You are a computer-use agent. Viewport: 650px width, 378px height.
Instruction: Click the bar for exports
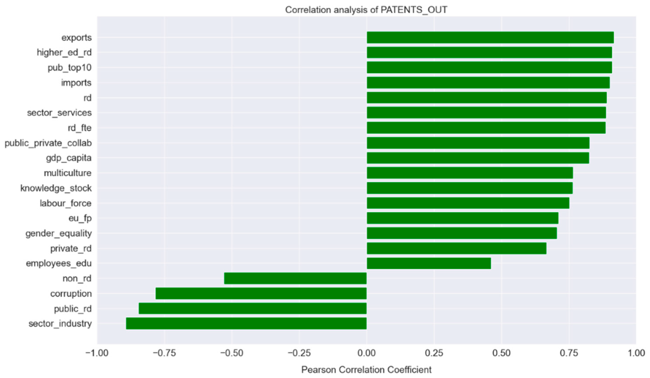490,38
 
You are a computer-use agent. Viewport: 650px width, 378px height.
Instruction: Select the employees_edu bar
429,263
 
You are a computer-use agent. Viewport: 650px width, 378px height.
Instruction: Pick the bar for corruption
261,294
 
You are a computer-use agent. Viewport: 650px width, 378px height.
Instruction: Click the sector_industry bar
246,324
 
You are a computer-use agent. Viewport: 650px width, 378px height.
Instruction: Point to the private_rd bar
456,248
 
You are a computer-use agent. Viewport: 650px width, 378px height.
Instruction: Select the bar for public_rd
253,308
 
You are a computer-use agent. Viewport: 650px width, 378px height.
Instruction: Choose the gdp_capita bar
478,158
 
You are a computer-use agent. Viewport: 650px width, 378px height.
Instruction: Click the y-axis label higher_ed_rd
64,53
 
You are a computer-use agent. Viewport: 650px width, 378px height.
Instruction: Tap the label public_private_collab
48,143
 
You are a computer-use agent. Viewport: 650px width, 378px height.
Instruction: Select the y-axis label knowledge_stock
56,188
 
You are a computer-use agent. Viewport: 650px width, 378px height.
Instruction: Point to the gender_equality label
59,234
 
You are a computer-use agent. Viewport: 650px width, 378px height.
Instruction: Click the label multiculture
68,173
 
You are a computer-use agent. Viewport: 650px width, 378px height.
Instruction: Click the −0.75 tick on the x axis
164,353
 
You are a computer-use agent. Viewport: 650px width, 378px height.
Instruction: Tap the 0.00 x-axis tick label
366,353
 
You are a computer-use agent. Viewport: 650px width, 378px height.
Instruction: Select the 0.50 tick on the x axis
501,353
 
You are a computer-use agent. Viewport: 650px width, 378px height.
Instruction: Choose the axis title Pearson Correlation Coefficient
366,370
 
